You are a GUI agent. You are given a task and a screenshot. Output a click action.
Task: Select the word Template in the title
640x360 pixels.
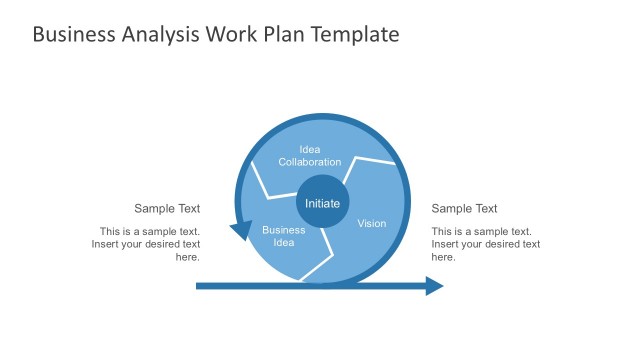point(357,35)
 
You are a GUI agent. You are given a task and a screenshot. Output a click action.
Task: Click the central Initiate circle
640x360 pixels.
point(322,204)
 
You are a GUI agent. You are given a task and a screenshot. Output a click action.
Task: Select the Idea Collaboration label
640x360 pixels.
point(310,155)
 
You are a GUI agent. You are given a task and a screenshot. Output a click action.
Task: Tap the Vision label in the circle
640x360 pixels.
point(371,223)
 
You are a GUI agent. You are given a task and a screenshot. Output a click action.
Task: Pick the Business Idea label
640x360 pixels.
point(283,237)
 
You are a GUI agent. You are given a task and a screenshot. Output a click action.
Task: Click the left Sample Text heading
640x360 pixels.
point(167,209)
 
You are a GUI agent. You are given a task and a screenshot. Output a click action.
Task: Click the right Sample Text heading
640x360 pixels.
point(464,209)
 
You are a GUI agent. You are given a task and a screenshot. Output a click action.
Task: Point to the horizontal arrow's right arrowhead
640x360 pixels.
point(435,286)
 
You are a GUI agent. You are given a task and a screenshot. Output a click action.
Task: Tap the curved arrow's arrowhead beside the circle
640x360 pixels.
point(241,231)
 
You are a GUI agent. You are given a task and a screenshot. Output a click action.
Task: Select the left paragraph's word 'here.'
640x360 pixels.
point(188,257)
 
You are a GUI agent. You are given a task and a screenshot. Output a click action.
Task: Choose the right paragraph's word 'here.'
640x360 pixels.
point(444,257)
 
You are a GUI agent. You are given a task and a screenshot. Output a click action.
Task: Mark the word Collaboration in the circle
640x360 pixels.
point(310,162)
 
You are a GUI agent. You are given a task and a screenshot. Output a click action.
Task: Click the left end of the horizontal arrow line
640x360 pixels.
point(198,286)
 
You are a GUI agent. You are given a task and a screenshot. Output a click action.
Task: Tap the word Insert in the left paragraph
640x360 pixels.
point(107,244)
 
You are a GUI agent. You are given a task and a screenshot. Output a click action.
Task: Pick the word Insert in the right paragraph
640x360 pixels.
point(447,244)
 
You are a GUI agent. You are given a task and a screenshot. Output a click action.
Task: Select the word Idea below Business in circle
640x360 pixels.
point(283,243)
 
